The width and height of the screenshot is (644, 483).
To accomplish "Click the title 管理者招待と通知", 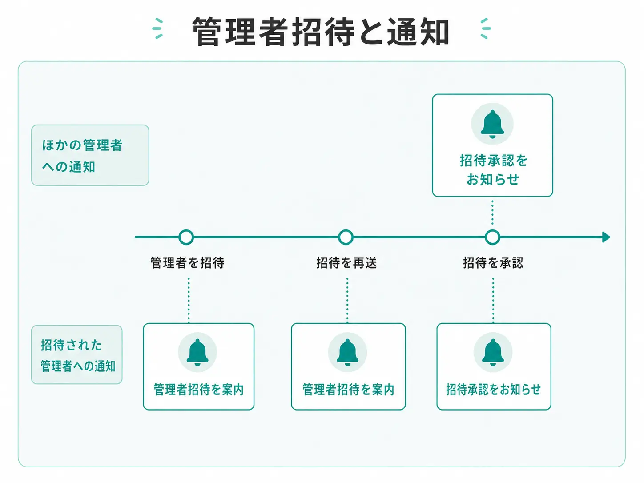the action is pyautogui.click(x=321, y=32).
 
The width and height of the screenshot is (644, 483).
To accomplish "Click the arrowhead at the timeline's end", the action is pyautogui.click(x=606, y=237).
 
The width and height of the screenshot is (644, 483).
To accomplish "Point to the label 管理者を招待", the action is pyautogui.click(x=188, y=262).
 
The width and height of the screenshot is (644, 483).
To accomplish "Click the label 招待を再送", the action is pyautogui.click(x=346, y=262).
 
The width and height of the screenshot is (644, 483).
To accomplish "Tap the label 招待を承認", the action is pyautogui.click(x=493, y=262).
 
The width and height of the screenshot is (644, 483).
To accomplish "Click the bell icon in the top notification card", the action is pyautogui.click(x=492, y=124).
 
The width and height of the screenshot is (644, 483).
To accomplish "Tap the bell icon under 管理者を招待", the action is pyautogui.click(x=197, y=352).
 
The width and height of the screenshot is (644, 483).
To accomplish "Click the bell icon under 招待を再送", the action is pyautogui.click(x=347, y=352).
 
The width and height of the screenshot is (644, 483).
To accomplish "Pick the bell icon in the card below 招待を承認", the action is pyautogui.click(x=493, y=352).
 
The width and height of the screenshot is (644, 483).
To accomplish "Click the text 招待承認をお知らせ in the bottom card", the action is pyautogui.click(x=494, y=390).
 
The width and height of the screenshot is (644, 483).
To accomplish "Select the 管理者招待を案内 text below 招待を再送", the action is pyautogui.click(x=348, y=390).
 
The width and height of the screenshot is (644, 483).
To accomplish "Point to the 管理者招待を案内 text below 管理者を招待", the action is pyautogui.click(x=199, y=390).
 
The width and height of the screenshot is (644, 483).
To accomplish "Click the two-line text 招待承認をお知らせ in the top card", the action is pyautogui.click(x=493, y=170).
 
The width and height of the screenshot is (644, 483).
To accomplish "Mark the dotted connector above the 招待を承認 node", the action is pyautogui.click(x=492, y=213).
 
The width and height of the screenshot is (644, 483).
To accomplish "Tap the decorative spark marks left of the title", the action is pyautogui.click(x=157, y=28).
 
